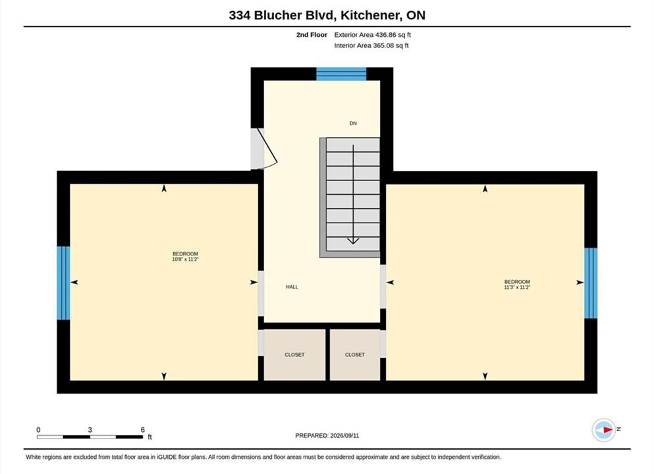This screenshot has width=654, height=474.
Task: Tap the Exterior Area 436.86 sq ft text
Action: [x=373, y=35]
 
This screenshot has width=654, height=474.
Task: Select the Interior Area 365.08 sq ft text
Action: [x=371, y=45]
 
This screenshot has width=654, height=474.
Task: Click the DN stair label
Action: [x=353, y=123]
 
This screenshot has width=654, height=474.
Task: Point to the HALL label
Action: [x=292, y=287]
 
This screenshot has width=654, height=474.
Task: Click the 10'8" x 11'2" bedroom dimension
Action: [x=185, y=259]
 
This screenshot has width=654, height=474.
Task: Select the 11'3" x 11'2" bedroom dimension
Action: [x=517, y=287]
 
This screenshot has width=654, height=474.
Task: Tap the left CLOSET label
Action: [x=294, y=355]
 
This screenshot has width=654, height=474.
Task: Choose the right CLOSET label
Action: [x=355, y=355]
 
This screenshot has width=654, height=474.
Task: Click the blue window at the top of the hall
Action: [x=341, y=74]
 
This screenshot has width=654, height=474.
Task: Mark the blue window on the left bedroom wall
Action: [x=63, y=283]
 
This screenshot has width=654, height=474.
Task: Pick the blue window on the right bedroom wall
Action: [x=591, y=283]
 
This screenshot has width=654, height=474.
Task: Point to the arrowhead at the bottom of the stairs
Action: [x=353, y=240]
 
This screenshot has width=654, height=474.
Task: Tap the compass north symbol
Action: [x=604, y=429]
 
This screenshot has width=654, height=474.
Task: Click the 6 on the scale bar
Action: [x=143, y=430]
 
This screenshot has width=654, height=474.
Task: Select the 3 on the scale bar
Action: [x=90, y=430]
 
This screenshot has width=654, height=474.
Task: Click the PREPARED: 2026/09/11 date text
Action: [x=327, y=436]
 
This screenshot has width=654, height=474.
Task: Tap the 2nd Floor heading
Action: [x=312, y=35]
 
